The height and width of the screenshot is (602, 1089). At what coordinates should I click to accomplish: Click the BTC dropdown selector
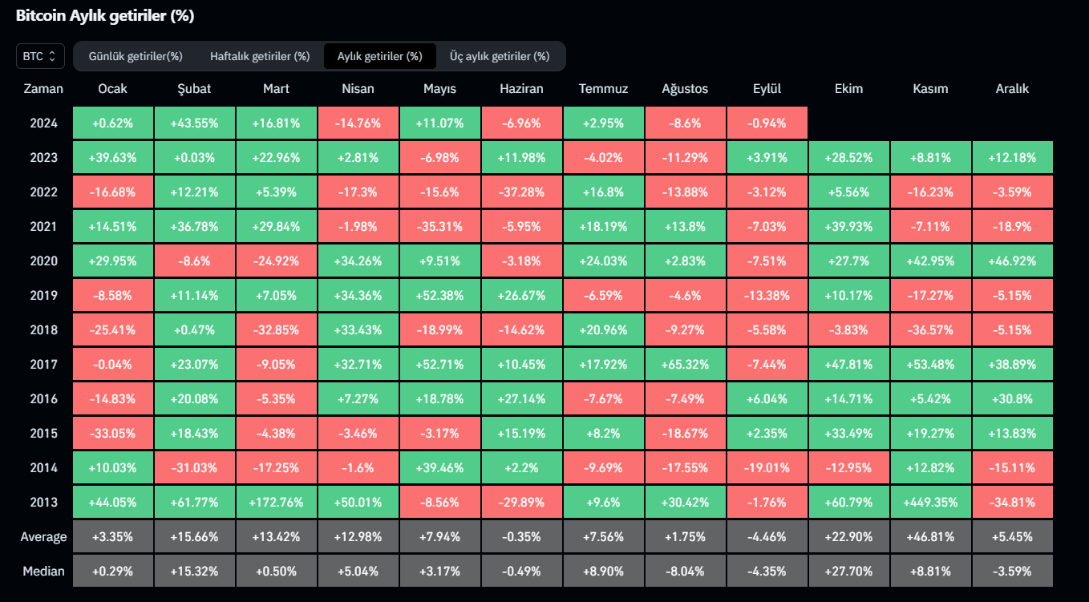(x=40, y=56)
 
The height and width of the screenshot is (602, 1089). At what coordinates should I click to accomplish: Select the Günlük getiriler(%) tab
(x=136, y=56)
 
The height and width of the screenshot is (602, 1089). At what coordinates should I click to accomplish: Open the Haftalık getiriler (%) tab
(x=260, y=56)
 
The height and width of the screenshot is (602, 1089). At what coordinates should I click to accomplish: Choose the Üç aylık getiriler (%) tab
(x=500, y=56)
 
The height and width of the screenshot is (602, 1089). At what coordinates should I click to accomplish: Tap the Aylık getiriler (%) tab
(x=379, y=56)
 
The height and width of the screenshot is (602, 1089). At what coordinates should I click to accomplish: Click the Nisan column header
(x=358, y=89)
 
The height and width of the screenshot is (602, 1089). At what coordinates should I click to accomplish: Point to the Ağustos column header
(x=685, y=89)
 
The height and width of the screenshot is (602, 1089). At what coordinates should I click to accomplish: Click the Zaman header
(x=43, y=89)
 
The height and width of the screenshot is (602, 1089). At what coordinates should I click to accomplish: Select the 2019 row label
(x=43, y=295)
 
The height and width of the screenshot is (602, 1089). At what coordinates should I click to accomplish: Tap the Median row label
(x=43, y=572)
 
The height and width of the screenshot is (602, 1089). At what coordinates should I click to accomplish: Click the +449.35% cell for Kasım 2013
(x=930, y=503)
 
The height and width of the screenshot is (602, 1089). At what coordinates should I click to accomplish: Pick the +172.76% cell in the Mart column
(x=276, y=503)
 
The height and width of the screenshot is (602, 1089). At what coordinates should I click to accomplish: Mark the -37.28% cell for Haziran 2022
(x=521, y=192)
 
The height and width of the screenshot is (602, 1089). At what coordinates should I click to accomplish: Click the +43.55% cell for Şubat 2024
(x=194, y=123)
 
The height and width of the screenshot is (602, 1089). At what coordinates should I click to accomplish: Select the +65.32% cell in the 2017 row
(x=685, y=365)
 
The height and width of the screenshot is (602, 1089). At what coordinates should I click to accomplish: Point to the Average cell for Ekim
(x=848, y=537)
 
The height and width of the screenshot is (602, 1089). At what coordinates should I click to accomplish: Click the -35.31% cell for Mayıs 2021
(x=439, y=227)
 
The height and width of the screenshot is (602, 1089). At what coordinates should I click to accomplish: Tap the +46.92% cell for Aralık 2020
(x=1012, y=261)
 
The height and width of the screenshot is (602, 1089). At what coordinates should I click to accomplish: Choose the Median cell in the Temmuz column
(x=603, y=572)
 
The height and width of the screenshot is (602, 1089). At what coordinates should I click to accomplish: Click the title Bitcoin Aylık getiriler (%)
(x=105, y=16)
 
